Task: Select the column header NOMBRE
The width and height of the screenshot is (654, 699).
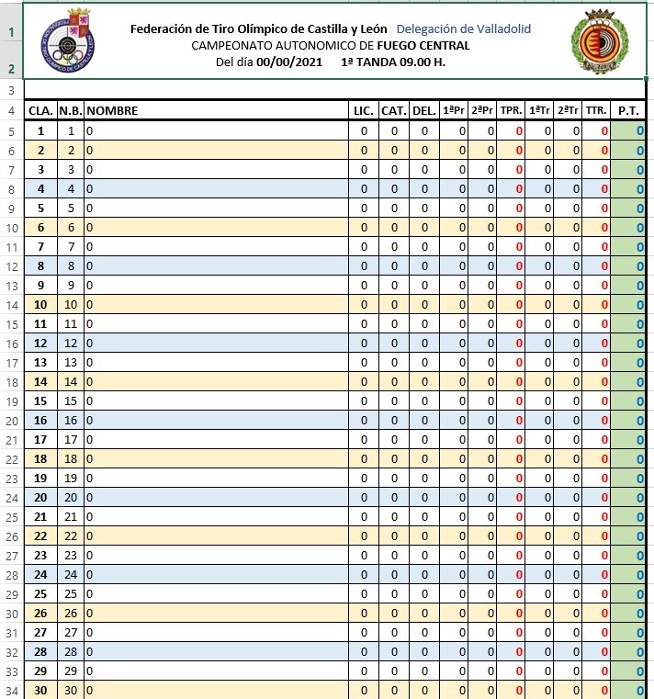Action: click(x=112, y=111)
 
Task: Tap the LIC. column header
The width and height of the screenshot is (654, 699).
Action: click(x=364, y=111)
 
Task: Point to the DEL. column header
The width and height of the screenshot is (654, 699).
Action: click(x=424, y=111)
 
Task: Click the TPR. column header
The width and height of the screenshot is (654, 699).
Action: click(x=512, y=111)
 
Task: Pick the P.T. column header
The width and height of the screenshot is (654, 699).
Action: click(x=629, y=111)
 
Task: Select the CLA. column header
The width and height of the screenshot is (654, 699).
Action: click(x=40, y=111)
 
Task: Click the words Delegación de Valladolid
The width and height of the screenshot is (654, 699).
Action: click(x=464, y=29)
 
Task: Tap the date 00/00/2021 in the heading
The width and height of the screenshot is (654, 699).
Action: click(x=289, y=62)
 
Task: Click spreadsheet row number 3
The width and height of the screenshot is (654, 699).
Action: click(x=11, y=90)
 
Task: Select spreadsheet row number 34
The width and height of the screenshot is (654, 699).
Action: click(x=11, y=691)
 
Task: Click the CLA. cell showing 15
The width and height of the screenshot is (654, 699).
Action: click(x=40, y=401)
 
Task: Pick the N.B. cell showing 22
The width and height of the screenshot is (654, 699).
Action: click(x=71, y=536)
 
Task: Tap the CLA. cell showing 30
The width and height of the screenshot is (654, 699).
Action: click(x=40, y=691)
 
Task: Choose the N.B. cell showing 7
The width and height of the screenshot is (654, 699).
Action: click(x=71, y=247)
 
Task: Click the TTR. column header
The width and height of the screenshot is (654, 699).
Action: click(x=597, y=111)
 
